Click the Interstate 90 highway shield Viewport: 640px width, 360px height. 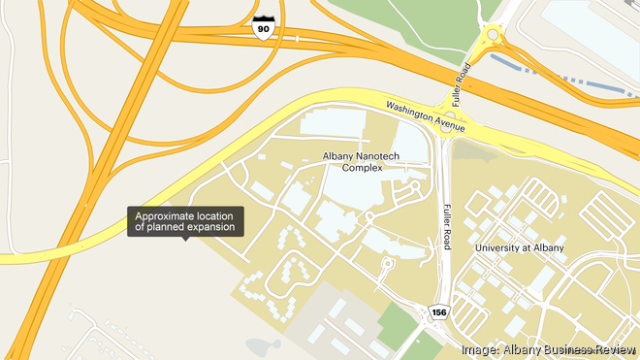coord(262,26)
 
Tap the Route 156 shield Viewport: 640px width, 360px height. coord(438,311)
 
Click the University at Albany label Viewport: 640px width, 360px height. coord(519,248)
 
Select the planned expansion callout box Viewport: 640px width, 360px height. coord(185,221)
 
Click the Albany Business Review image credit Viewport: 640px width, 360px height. coord(549,349)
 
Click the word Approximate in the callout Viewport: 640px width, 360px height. coord(168,214)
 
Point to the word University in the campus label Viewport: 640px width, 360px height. coord(501,248)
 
